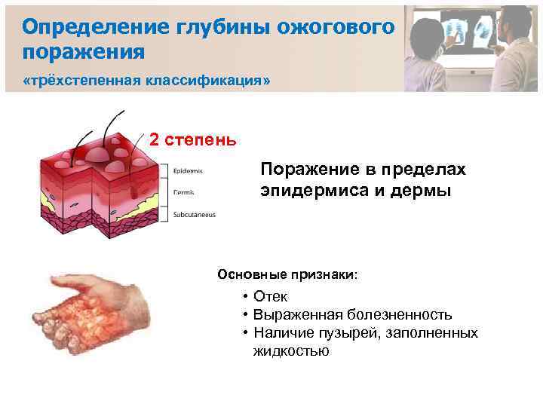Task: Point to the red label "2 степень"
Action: tap(192, 140)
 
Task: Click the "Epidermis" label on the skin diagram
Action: tap(187, 170)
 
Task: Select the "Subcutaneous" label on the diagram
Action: tap(194, 215)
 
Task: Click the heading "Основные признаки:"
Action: tap(287, 274)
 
